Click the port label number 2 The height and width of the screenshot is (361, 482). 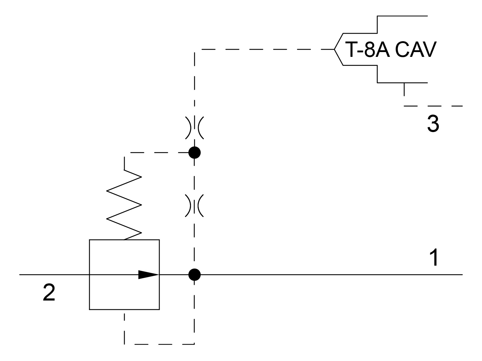coord(49,293)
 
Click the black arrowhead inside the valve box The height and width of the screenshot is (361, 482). coord(148,274)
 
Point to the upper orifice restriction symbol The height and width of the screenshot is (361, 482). coord(194,128)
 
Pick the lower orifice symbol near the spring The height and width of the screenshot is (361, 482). coord(194,206)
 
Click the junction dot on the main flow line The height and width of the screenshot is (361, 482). coord(194,274)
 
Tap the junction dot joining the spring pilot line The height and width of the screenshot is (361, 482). coord(194,153)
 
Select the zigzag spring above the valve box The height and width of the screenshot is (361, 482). coord(124,205)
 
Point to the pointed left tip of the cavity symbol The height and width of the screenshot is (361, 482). coord(335,49)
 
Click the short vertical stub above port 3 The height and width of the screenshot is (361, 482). coord(404,89)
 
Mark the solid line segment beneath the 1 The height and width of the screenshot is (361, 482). coord(331,274)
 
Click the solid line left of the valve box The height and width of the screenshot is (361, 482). coord(54,274)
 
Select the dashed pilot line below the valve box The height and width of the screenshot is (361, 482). coord(160,344)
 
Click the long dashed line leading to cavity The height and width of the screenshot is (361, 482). coord(265,49)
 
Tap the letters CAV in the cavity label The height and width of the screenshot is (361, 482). coord(415,49)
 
